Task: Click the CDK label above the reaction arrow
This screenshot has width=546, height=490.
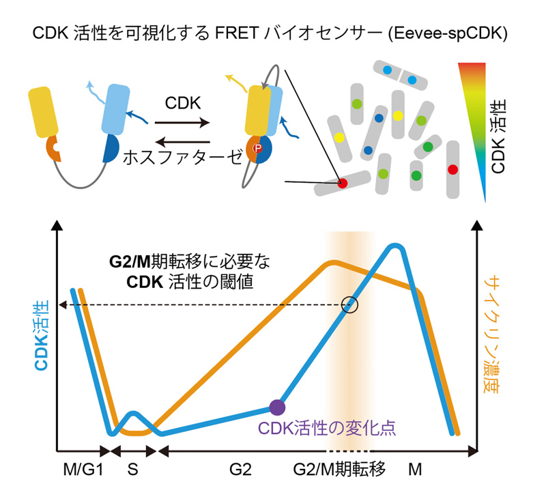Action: (182, 104)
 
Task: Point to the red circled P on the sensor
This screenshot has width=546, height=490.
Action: (258, 148)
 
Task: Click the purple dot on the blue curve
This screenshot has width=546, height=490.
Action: (276, 407)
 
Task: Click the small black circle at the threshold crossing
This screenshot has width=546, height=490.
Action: (349, 304)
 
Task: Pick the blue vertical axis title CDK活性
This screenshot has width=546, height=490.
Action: (42, 337)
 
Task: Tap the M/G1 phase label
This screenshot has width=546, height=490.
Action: (81, 471)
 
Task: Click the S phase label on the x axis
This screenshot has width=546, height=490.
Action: (134, 471)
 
